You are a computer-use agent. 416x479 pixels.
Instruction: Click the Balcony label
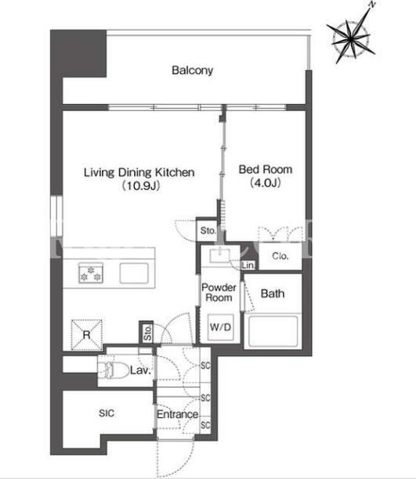[192, 70]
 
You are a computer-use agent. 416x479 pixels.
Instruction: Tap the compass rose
[351, 38]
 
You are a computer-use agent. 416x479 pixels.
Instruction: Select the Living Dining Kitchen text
[139, 173]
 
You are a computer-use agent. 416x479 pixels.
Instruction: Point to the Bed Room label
[266, 170]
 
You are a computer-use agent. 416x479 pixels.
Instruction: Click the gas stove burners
[91, 273]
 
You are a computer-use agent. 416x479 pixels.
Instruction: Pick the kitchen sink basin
[134, 273]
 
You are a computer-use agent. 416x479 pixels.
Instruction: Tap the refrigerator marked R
[86, 335]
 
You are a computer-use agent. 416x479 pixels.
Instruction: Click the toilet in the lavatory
[113, 370]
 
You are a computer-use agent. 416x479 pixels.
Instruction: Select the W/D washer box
[221, 327]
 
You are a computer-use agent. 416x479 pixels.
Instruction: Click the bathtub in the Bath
[273, 331]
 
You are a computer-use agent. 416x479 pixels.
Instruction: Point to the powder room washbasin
[219, 255]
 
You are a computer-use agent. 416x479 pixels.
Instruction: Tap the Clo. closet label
[280, 256]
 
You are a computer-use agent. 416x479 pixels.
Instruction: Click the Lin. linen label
[248, 265]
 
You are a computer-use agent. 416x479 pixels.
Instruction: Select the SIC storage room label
[107, 413]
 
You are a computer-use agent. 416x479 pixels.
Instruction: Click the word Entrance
[177, 415]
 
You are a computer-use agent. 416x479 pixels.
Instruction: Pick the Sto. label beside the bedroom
[208, 231]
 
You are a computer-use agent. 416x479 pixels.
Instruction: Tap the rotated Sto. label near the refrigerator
[148, 333]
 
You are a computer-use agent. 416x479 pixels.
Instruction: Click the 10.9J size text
[141, 185]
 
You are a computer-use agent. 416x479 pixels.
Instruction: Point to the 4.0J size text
[266, 182]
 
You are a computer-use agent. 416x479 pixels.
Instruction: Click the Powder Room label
[219, 293]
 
